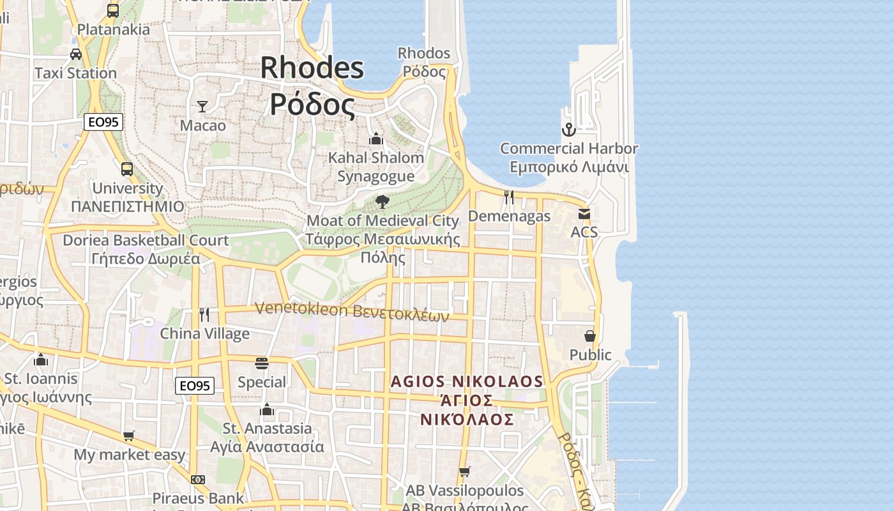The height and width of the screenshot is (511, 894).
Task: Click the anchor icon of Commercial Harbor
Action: pyautogui.click(x=568, y=130)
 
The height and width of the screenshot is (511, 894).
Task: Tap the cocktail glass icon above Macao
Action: pyautogui.click(x=202, y=106)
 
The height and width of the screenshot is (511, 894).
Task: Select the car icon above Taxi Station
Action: pyautogui.click(x=76, y=54)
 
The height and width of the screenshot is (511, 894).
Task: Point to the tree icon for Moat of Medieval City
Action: pyautogui.click(x=383, y=202)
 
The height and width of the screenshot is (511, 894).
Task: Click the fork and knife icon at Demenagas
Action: pyautogui.click(x=509, y=197)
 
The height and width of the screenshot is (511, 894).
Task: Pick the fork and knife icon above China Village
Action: pyautogui.click(x=204, y=314)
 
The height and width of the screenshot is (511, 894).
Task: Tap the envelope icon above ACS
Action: pyautogui.click(x=584, y=214)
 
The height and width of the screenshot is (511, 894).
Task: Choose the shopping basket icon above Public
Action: pyautogui.click(x=590, y=335)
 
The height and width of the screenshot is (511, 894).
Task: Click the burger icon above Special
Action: pyautogui.click(x=262, y=363)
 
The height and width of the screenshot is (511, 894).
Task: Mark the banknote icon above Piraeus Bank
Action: pyautogui.click(x=198, y=479)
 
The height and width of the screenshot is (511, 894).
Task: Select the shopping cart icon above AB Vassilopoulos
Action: pyautogui.click(x=464, y=472)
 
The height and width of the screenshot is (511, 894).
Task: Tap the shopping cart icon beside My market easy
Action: pyautogui.click(x=129, y=436)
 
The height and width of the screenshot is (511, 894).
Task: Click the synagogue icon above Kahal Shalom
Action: pyautogui.click(x=376, y=138)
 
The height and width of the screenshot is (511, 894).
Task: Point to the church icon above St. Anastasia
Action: pyautogui.click(x=267, y=409)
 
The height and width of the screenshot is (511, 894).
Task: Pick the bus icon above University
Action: pyautogui.click(x=127, y=169)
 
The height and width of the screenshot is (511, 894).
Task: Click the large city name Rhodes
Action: pyautogui.click(x=312, y=68)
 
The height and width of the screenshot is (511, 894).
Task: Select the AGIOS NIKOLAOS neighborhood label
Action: pyautogui.click(x=467, y=382)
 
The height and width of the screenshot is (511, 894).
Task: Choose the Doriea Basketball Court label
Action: pyautogui.click(x=146, y=240)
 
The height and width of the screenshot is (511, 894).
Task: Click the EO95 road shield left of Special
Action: pyautogui.click(x=195, y=385)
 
